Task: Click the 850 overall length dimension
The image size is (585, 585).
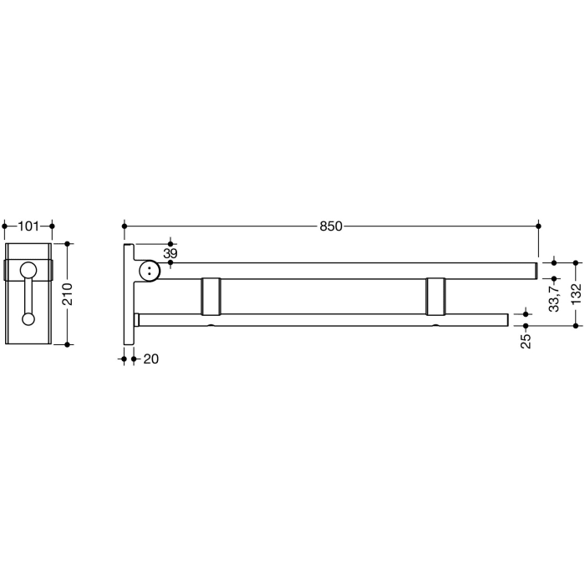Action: [331, 226]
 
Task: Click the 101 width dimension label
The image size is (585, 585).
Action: [28, 225]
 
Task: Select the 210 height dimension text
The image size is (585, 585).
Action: [69, 294]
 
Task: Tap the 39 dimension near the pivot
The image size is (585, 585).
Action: [170, 253]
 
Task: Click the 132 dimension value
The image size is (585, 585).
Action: [576, 294]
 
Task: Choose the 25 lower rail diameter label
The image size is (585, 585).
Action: [526, 341]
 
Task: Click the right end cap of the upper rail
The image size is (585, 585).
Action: [533, 270]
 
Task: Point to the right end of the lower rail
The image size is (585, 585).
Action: [505, 319]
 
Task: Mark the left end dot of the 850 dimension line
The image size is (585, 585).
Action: [125, 226]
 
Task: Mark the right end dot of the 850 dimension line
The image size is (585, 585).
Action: [538, 226]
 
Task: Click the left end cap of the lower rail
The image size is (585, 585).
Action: [139, 319]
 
